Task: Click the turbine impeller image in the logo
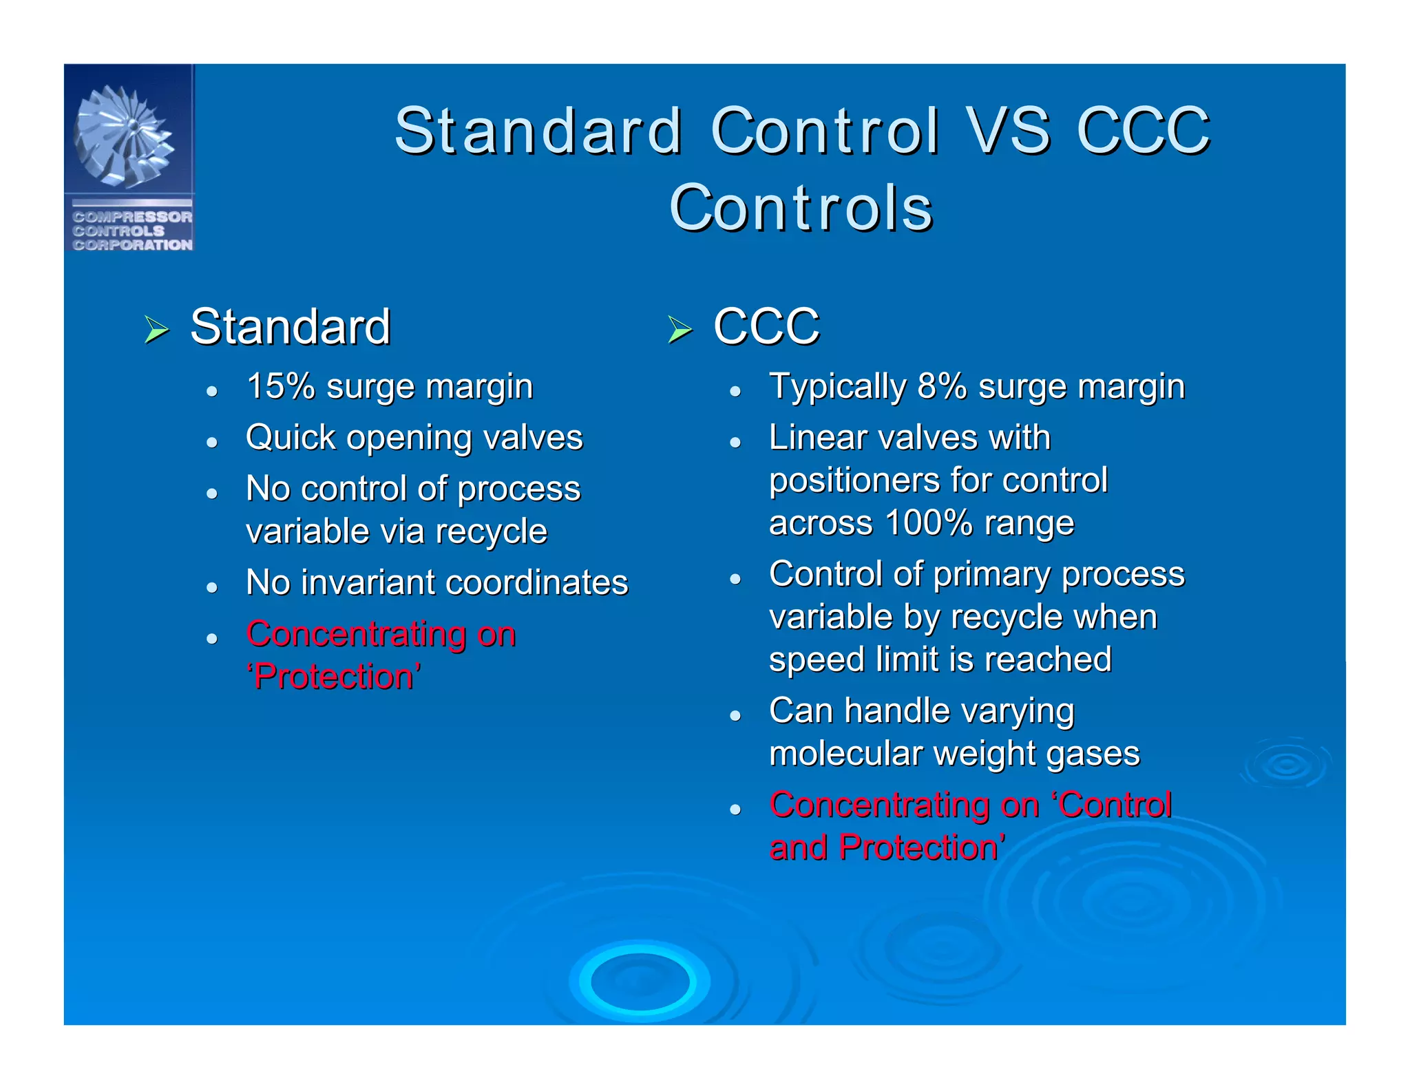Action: tap(124, 136)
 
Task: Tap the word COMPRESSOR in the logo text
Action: tap(132, 217)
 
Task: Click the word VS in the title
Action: tap(1009, 131)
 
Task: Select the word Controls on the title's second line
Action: tap(801, 208)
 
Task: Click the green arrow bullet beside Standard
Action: tap(157, 330)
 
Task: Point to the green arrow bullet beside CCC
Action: tap(680, 330)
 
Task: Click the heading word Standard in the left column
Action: tap(290, 327)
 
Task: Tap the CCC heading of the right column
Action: tap(766, 327)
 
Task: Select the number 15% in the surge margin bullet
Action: tap(280, 386)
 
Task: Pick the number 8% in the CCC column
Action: tap(942, 386)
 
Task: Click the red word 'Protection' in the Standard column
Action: tap(334, 677)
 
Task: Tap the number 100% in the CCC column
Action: tap(928, 523)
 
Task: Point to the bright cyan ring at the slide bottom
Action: tap(640, 981)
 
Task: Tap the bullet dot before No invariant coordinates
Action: tap(212, 587)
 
